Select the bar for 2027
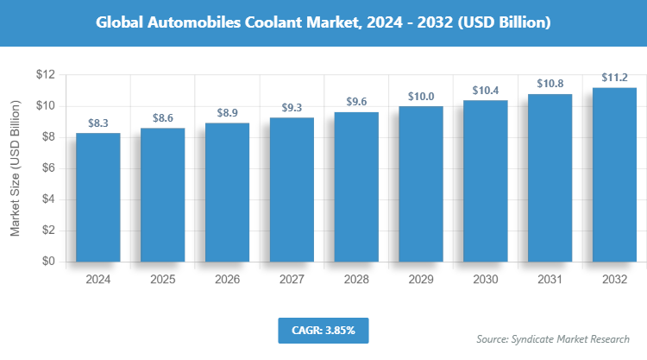click(292, 189)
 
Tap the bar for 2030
click(485, 180)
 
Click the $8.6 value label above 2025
click(162, 116)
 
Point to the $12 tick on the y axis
click(45, 75)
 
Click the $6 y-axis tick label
click(48, 168)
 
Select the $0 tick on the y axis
click(48, 262)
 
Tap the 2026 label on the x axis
click(227, 280)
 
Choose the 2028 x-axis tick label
click(356, 280)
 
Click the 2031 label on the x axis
click(550, 280)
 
